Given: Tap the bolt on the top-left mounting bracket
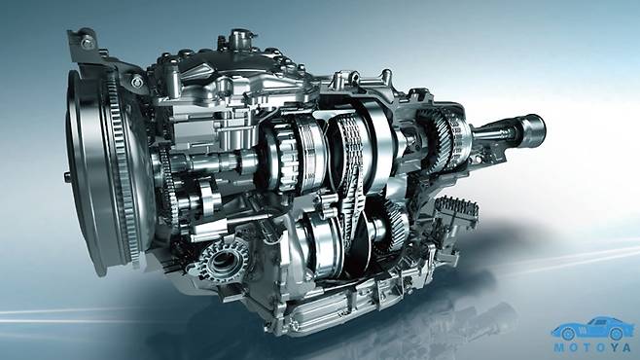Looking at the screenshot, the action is (87, 42).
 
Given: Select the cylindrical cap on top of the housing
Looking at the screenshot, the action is (240, 38).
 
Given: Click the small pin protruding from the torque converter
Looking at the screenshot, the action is (67, 177).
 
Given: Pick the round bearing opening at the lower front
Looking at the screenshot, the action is (224, 261).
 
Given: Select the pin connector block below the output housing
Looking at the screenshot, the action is (456, 209).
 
